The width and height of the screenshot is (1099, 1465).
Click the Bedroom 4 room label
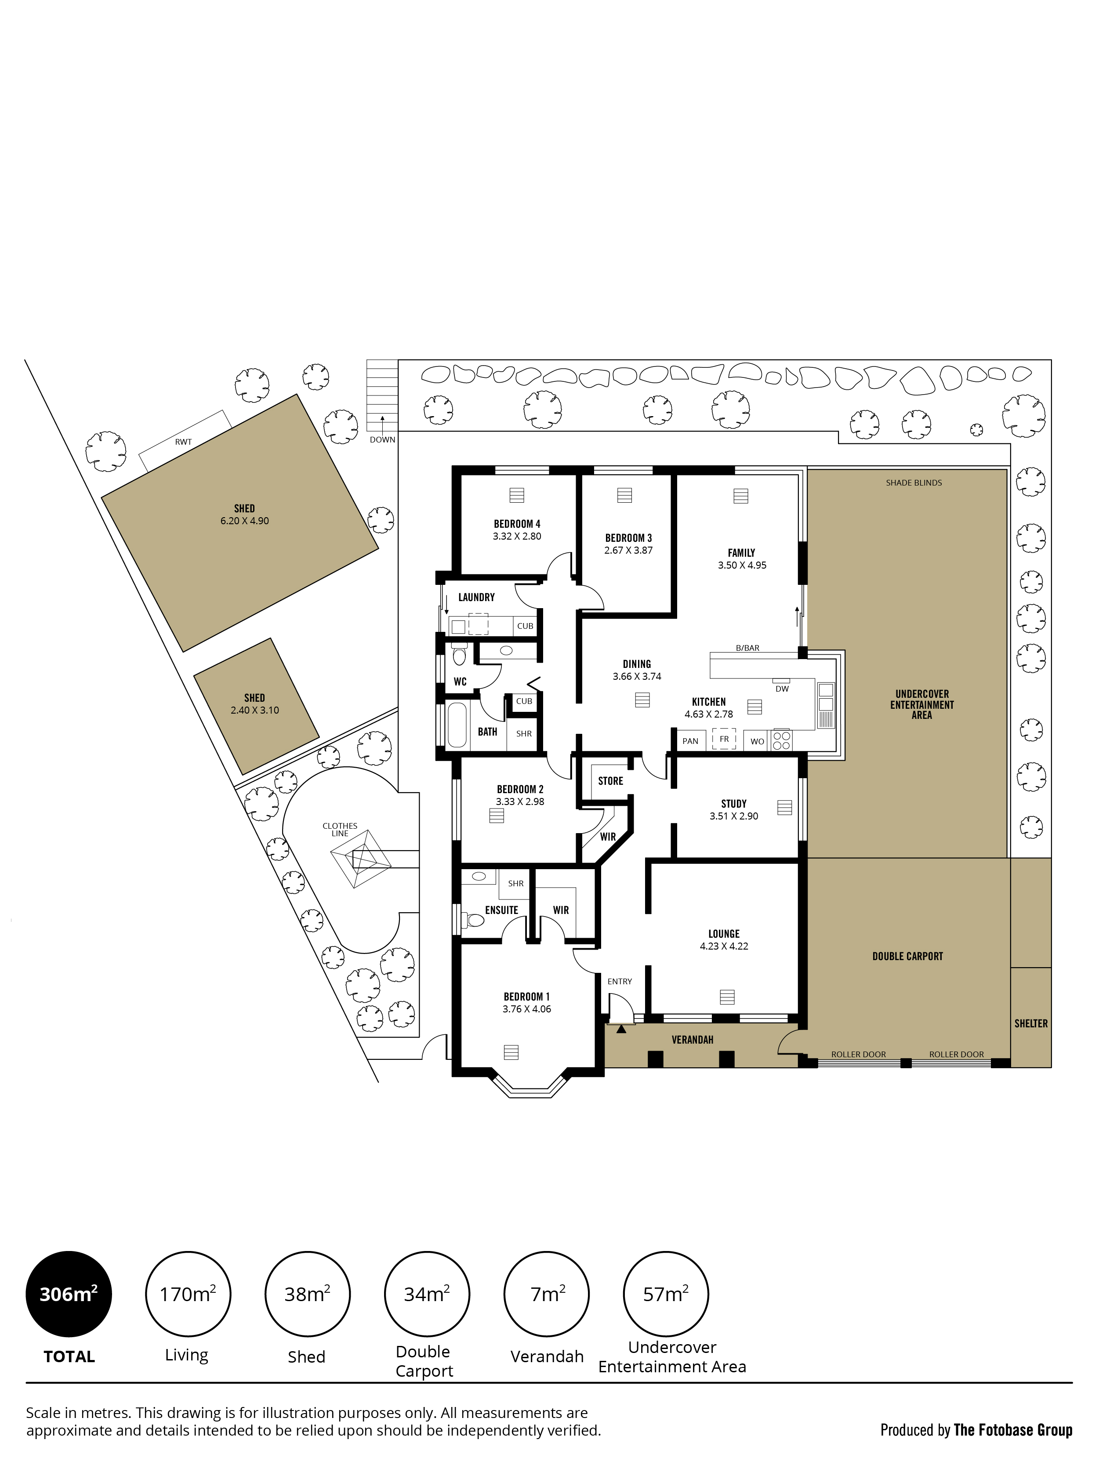click(517, 523)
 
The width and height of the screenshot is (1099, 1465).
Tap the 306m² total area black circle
click(69, 1294)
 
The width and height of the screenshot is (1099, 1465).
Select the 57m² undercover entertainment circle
click(666, 1294)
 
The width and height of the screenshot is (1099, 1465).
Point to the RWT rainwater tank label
click(184, 442)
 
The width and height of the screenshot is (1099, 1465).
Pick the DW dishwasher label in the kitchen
click(782, 689)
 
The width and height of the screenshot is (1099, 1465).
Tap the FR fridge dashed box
click(724, 739)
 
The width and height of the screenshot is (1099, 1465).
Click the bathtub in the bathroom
click(457, 725)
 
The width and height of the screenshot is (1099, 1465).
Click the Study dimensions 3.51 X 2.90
click(734, 816)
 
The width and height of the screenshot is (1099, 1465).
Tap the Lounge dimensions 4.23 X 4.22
click(724, 946)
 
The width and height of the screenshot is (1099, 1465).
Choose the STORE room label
click(611, 781)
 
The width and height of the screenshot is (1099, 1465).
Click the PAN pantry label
click(690, 741)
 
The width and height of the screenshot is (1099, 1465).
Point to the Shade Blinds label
click(914, 483)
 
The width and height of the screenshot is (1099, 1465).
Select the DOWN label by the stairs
click(382, 440)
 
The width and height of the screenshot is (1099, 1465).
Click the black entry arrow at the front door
click(621, 1029)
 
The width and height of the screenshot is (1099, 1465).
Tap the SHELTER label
click(1031, 1023)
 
